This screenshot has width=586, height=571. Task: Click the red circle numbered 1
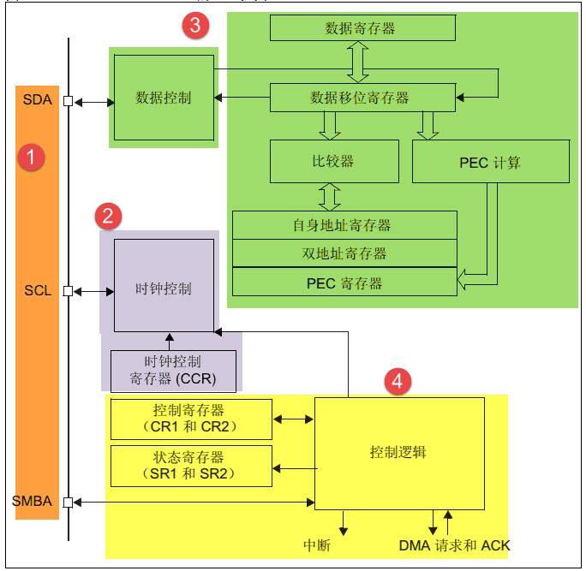(32, 158)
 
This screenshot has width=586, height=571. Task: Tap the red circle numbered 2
(108, 216)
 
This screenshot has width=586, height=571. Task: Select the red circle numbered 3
(194, 26)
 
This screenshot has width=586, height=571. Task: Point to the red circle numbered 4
(396, 382)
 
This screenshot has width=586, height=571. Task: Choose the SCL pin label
(38, 291)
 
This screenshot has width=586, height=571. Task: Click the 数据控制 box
(163, 97)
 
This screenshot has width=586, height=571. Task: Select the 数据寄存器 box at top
(361, 28)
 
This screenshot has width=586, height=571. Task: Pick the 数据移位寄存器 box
(362, 97)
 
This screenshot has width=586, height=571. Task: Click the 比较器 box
(334, 161)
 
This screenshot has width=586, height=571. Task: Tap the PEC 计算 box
(490, 162)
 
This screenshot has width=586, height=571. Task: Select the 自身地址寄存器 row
(344, 225)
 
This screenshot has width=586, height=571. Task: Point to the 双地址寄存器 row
(344, 253)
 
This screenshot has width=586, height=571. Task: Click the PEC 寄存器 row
(344, 282)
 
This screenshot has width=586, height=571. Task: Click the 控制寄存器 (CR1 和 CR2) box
(191, 419)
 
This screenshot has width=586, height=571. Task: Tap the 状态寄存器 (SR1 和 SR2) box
(191, 466)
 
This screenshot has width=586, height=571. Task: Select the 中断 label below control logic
(317, 545)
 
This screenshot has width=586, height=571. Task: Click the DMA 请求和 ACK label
(455, 545)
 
